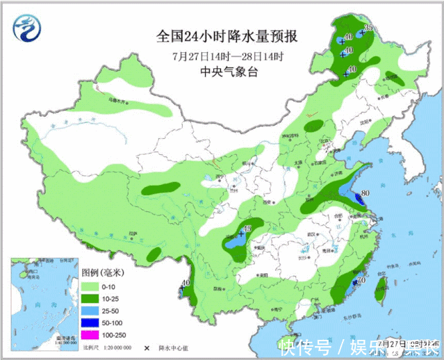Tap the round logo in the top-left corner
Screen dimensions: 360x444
point(27,27)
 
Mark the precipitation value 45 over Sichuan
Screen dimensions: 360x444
point(247,229)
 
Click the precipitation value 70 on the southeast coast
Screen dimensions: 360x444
point(361,281)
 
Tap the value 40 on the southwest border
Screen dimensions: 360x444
point(185,283)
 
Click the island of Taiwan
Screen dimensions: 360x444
point(379,293)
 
